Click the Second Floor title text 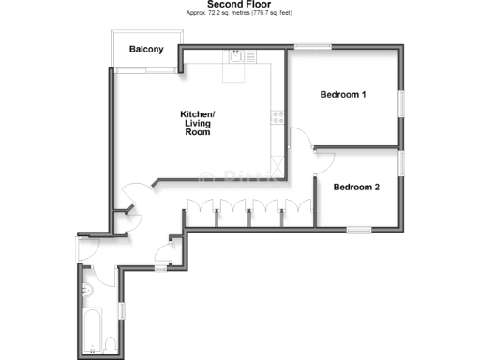[240, 4]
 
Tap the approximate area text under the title [240, 14]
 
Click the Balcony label [147, 50]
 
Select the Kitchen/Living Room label [196, 124]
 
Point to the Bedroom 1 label [343, 95]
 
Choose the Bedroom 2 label [356, 187]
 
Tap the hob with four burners [277, 117]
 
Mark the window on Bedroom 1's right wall [401, 103]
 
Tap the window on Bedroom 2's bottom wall [359, 229]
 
